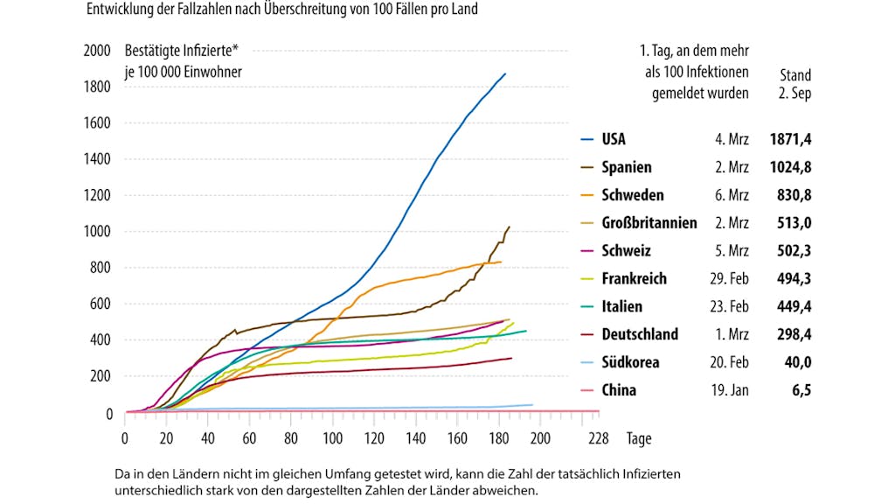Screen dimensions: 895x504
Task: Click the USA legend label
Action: pyautogui.click(x=613, y=139)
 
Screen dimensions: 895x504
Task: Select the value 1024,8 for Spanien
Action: pyautogui.click(x=790, y=167)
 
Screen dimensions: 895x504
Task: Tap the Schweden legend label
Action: pyautogui.click(x=633, y=195)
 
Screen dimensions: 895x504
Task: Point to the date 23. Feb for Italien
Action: pyautogui.click(x=729, y=306)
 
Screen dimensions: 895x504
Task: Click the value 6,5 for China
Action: pyautogui.click(x=801, y=389)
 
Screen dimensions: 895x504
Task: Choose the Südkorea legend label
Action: pyautogui.click(x=630, y=361)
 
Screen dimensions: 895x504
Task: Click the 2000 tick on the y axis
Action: pyautogui.click(x=97, y=50)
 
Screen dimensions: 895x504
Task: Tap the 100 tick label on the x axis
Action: pyautogui.click(x=332, y=438)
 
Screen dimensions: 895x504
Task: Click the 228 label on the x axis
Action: pyautogui.click(x=598, y=438)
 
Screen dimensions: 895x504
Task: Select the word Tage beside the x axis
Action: pyautogui.click(x=639, y=438)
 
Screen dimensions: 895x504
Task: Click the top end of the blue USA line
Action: pyautogui.click(x=505, y=73)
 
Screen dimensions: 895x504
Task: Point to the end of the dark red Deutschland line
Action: pyautogui.click(x=511, y=358)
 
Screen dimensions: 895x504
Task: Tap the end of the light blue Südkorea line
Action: pyautogui.click(x=532, y=405)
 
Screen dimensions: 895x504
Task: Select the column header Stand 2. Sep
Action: pyautogui.click(x=795, y=84)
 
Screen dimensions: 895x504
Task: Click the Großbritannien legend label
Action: pyautogui.click(x=649, y=223)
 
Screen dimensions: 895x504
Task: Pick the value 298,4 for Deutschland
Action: pyautogui.click(x=794, y=334)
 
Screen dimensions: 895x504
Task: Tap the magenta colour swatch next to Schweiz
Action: pyautogui.click(x=586, y=251)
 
